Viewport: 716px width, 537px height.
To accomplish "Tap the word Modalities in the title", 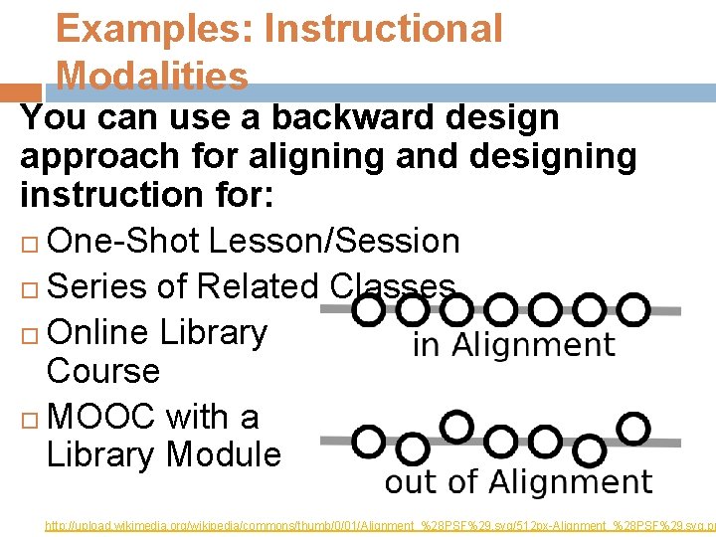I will [152, 76].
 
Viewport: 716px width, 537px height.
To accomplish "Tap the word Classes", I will [392, 286].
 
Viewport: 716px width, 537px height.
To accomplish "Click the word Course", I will [102, 371].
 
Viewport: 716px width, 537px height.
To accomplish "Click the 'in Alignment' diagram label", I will [513, 345].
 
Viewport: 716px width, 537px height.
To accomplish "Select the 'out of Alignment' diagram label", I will [518, 482].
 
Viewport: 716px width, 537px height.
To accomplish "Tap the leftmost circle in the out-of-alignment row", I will [369, 441].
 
